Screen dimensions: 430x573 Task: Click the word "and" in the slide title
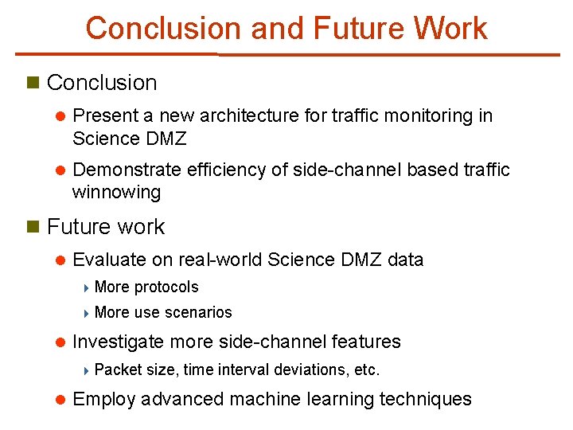coord(277,28)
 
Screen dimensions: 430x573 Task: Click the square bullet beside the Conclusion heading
coord(33,82)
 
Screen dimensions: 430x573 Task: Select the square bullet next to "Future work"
coord(33,226)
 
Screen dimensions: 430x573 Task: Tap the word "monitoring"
coord(426,115)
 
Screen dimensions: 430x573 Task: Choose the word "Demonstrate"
coord(127,170)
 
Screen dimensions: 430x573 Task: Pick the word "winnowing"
coord(116,192)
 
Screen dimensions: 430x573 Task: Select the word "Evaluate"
coord(108,260)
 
